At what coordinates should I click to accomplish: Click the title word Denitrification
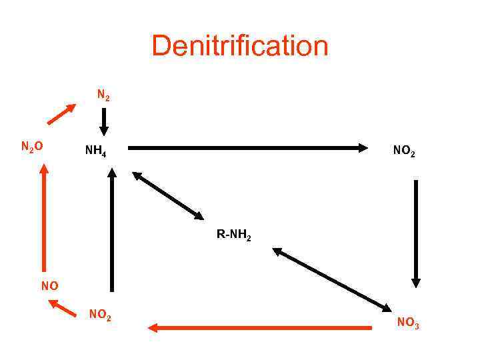coord(240,47)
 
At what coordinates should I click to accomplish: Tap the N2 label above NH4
coord(103,95)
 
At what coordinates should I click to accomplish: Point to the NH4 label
coord(95,151)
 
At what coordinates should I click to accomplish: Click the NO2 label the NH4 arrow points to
coord(404,151)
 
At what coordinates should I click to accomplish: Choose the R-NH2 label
coord(233,235)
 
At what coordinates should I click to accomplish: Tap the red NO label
coord(49,286)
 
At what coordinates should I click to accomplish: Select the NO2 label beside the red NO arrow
coord(100,315)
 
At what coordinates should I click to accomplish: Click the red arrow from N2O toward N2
coord(61,114)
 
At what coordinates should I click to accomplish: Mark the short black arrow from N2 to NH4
coord(103,122)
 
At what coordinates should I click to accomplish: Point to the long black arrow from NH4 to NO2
coord(247,147)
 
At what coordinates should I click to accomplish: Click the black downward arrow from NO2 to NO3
coord(416,233)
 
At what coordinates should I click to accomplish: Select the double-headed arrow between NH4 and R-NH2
coord(168,195)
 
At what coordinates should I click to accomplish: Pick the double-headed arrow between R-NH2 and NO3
coord(332,279)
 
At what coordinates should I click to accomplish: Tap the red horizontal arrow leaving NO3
coord(260,327)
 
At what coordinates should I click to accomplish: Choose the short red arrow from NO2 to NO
coord(63,308)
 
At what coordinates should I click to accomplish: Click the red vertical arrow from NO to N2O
coord(44,220)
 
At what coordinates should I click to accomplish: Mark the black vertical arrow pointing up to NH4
coord(112,230)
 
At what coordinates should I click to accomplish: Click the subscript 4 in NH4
coord(104,154)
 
